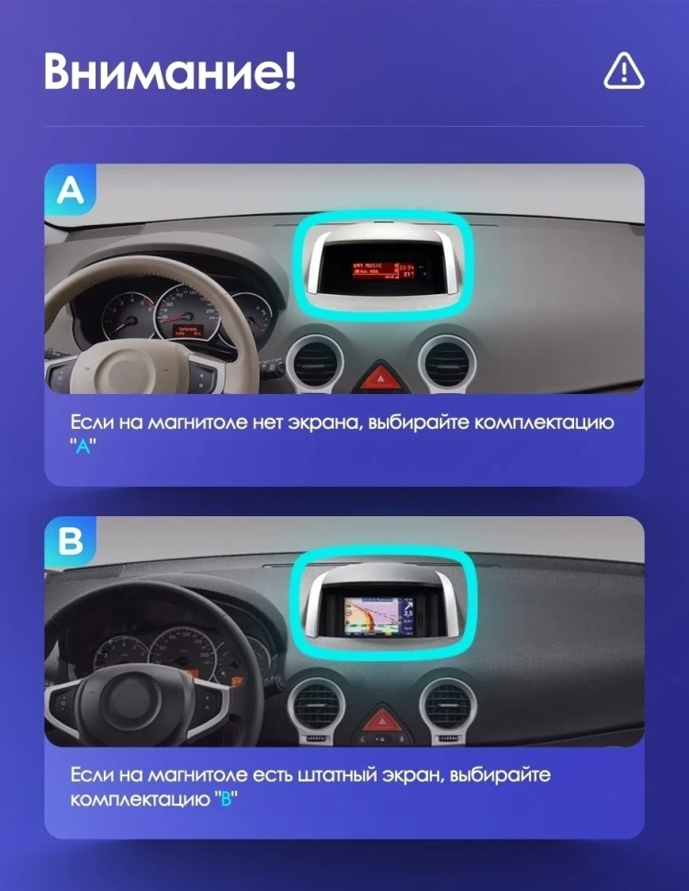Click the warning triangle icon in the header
[624, 71]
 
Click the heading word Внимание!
[170, 72]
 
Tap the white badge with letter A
[70, 190]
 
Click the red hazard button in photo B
[378, 719]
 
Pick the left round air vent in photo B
[314, 705]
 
